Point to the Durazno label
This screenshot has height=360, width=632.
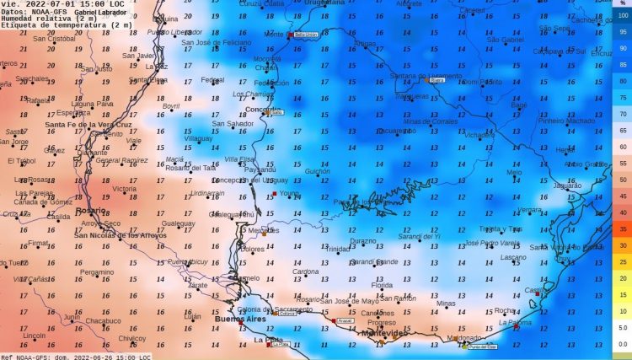pos(363,241)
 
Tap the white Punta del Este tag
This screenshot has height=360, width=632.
pos(483,346)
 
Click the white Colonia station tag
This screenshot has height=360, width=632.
pos(289,314)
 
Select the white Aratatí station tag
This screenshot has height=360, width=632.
pos(345,321)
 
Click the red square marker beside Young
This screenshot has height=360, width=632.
pos(274,194)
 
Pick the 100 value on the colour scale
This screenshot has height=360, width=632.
pos(623,17)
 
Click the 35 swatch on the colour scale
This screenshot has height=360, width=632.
pos(623,228)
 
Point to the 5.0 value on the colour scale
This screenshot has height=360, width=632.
pos(623,327)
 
